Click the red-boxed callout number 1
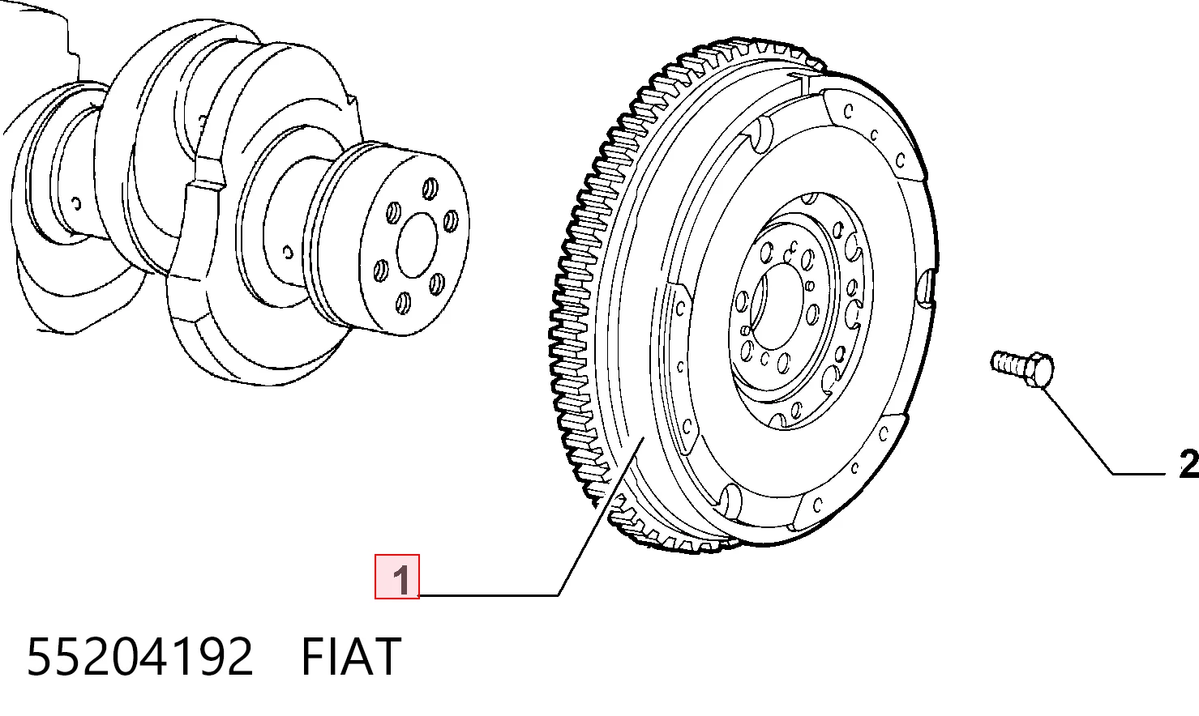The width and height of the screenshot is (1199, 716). tap(401, 580)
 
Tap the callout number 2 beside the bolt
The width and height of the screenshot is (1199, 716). tap(1189, 463)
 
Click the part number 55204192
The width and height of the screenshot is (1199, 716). tap(139, 657)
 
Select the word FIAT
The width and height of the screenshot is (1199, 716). tap(351, 657)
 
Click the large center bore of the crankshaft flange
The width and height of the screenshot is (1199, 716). tap(417, 245)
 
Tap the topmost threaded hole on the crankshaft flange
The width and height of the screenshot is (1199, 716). tap(430, 189)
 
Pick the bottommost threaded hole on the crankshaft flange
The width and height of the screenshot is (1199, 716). tap(403, 303)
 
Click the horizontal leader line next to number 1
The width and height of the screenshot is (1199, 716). tap(488, 595)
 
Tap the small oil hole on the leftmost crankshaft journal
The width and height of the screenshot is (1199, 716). tap(76, 204)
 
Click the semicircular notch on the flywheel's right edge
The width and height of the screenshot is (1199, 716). tap(926, 287)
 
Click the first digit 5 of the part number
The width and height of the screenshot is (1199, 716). tap(38, 657)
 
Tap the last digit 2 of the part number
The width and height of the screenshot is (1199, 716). tap(240, 657)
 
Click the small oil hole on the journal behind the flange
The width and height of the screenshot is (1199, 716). tap(288, 252)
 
